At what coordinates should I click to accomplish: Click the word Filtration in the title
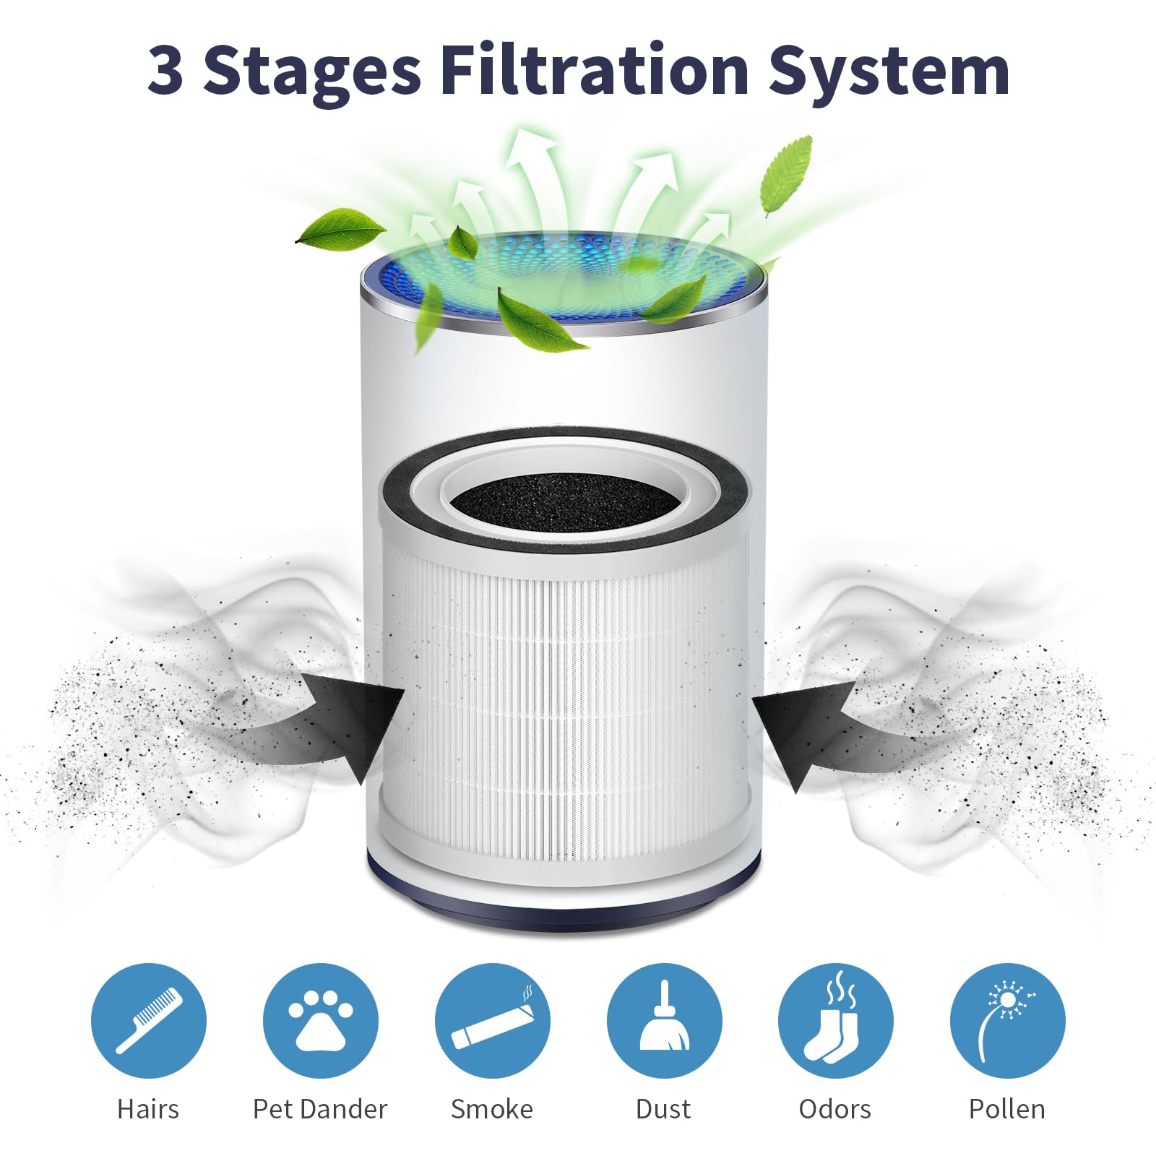click(x=594, y=70)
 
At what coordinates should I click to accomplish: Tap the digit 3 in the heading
click(x=165, y=71)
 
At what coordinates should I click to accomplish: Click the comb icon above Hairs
click(x=149, y=1020)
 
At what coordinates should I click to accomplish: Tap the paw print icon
click(x=321, y=1020)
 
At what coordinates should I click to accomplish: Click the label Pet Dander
click(x=320, y=1109)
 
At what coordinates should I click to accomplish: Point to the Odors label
click(x=835, y=1109)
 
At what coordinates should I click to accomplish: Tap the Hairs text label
click(x=148, y=1109)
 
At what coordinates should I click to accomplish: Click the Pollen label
click(x=1007, y=1109)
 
